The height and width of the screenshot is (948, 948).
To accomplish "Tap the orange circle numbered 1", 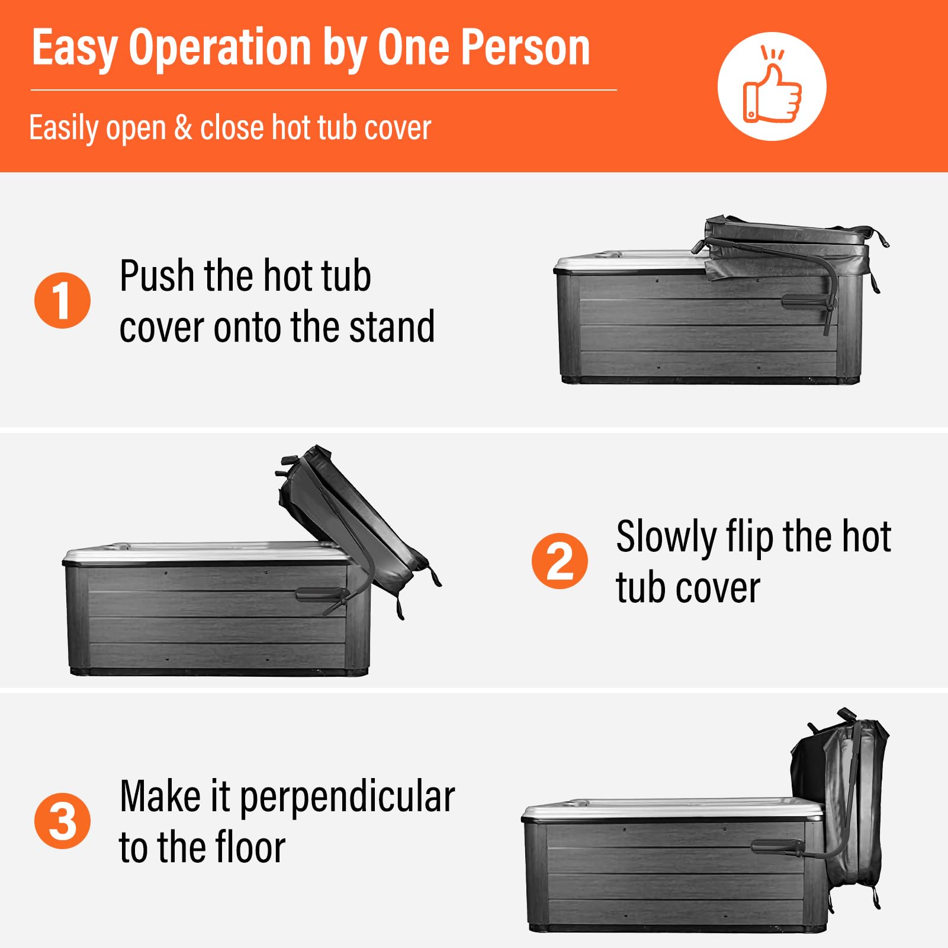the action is [x=62, y=300].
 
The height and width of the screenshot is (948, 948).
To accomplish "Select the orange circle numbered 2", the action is [x=560, y=561].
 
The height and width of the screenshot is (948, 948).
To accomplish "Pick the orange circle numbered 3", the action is [x=62, y=821].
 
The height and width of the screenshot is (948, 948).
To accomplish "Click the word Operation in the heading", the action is [x=220, y=49].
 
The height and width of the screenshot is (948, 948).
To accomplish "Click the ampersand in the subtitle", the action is [x=183, y=128].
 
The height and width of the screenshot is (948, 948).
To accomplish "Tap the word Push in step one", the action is [x=157, y=276].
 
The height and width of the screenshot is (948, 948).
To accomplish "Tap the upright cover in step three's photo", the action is [x=841, y=805].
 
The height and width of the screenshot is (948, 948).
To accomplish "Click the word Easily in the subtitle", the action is [x=63, y=128].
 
